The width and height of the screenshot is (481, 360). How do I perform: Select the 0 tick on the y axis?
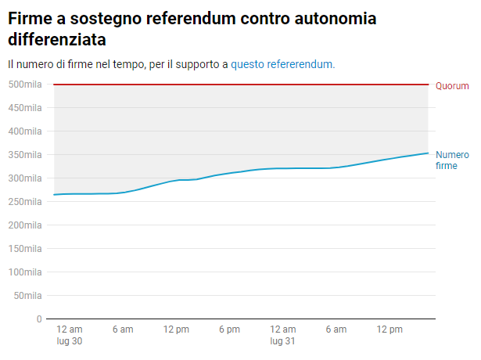coord(38,319)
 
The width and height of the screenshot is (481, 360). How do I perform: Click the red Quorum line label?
coord(452,86)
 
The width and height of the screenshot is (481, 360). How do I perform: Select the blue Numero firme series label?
coord(452,160)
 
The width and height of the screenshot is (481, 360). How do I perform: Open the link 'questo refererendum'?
coord(282,64)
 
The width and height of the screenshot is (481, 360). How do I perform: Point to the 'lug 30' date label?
coord(70,341)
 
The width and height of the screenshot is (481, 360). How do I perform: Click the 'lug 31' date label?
coord(282,341)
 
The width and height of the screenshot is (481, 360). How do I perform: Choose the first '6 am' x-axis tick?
coord(123,329)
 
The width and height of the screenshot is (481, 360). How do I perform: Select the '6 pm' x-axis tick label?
coord(229,329)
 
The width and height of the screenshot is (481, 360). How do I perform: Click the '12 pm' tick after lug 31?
coord(389,329)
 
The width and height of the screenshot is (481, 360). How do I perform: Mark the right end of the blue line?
coord(429,153)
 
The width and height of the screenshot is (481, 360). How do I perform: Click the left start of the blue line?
coord(54,194)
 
